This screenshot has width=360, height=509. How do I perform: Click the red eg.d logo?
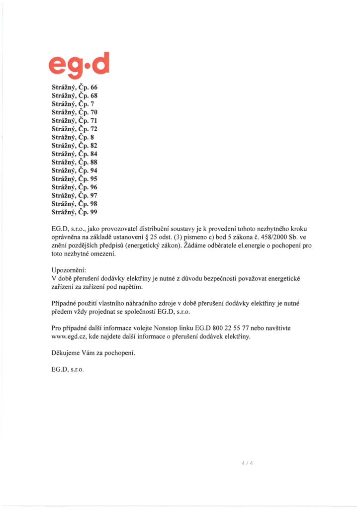coord(80,66)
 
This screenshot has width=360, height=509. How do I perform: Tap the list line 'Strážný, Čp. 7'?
coord(73,103)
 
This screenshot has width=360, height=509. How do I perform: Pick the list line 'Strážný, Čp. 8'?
coord(73,137)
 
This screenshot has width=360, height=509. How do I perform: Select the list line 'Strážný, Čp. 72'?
coord(75,129)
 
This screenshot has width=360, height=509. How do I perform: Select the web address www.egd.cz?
coord(70,337)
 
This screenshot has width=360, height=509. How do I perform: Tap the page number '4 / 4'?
coord(247,463)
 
